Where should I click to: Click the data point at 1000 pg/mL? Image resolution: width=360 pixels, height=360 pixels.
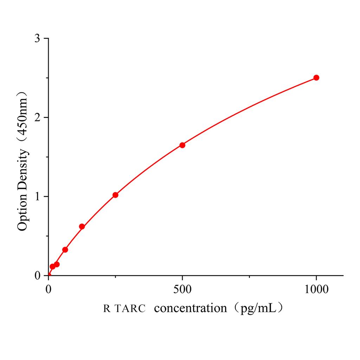(x=316, y=78)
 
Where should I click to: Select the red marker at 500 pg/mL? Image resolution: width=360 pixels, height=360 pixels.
(x=182, y=145)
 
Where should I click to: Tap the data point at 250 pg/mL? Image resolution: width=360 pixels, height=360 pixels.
(x=115, y=195)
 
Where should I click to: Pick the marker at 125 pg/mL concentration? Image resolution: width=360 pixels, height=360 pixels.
(x=82, y=226)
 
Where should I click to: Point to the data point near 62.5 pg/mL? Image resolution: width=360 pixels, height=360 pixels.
(x=65, y=250)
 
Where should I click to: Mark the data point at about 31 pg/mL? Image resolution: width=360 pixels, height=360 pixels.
(x=57, y=264)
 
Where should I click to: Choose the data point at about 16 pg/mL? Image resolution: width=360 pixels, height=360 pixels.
(x=52, y=266)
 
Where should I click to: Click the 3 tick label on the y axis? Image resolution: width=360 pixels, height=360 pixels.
(x=37, y=38)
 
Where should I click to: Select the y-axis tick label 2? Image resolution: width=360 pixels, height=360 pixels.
(x=37, y=117)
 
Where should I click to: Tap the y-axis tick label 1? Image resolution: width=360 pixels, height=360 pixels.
(x=37, y=197)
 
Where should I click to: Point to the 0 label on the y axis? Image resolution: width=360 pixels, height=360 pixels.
(x=37, y=276)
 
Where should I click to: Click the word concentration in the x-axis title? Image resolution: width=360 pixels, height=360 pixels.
(x=191, y=308)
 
